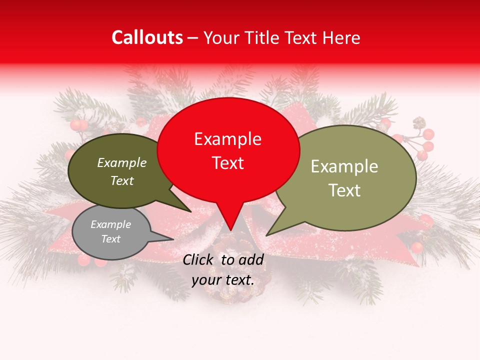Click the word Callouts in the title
click(x=147, y=37)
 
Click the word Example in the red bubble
click(x=227, y=139)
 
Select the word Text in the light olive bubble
click(x=344, y=190)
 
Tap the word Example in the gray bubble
click(x=110, y=224)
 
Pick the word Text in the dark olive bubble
click(x=122, y=181)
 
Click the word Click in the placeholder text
click(x=199, y=259)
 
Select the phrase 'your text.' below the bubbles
click(x=223, y=280)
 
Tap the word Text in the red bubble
click(x=228, y=163)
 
